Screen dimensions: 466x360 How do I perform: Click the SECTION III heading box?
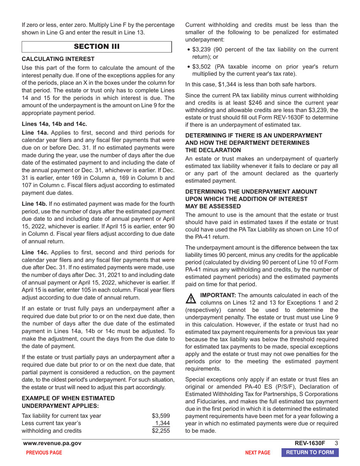[x=97, y=47]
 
